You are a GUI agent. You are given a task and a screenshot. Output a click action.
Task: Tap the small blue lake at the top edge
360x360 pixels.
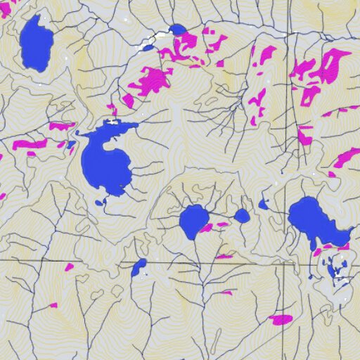pos(177,30)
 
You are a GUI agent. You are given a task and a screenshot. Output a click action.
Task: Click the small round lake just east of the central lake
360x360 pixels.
pos(242,215)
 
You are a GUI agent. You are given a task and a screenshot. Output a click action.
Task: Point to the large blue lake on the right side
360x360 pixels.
pos(313,219)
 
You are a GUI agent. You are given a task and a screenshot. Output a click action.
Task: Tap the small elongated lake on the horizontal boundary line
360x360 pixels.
pos(138,266)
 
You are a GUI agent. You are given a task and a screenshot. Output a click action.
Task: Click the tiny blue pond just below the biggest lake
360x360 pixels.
pos(98,202)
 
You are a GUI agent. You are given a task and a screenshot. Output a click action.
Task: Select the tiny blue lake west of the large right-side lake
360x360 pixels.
pos(263,205)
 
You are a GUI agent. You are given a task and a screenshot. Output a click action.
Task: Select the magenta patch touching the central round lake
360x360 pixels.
pos(206,228)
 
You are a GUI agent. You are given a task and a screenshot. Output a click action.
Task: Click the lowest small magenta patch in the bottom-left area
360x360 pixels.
pos(53,305)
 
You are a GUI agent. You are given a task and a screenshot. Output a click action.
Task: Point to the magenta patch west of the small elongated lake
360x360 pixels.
pos(69,267)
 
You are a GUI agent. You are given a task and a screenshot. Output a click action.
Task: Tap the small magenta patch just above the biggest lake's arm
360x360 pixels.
pos(112,110)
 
